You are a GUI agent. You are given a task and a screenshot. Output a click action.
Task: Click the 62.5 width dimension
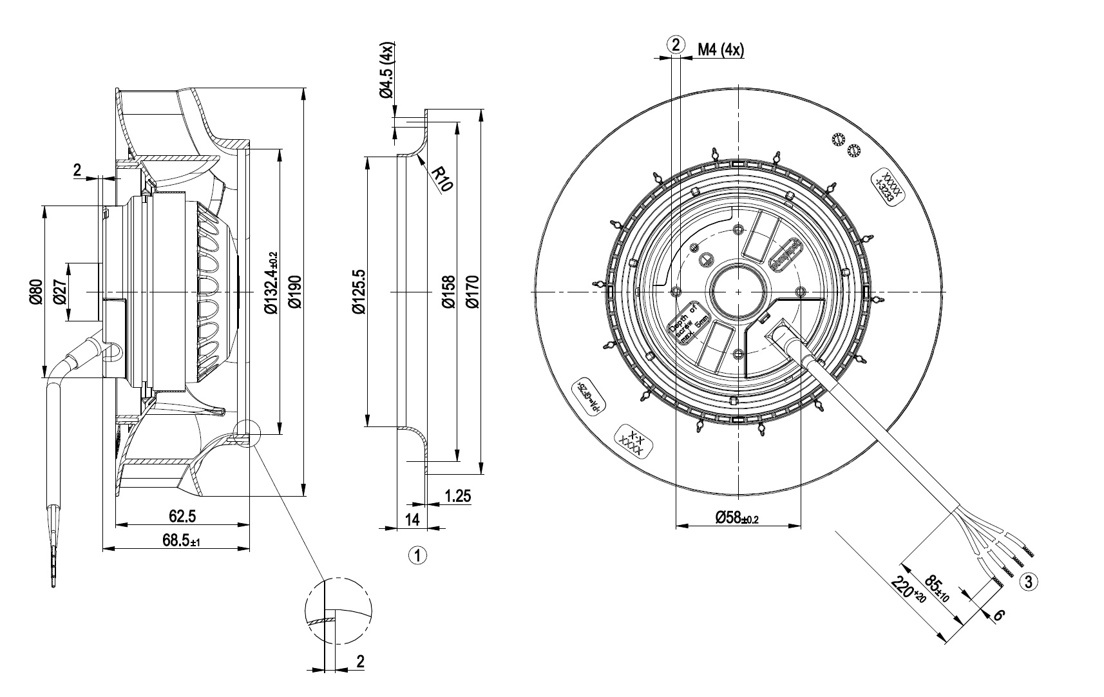[182, 516]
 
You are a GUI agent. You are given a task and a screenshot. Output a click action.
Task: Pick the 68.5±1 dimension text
[182, 541]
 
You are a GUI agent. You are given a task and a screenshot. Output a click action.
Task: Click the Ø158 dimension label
[449, 292]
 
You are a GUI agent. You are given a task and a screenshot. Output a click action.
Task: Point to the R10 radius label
[443, 179]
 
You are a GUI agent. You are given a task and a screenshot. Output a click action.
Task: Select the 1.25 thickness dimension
[457, 496]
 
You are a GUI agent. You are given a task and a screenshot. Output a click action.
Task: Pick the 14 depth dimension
[413, 519]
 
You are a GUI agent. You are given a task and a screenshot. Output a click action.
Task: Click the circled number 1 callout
[417, 555]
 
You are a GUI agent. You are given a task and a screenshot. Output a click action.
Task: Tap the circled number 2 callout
[675, 44]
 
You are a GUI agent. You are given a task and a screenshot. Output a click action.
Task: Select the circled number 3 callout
[1028, 582]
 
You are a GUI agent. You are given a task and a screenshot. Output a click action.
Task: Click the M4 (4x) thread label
[721, 50]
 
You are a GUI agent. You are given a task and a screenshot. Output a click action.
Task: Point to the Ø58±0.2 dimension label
[738, 517]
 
